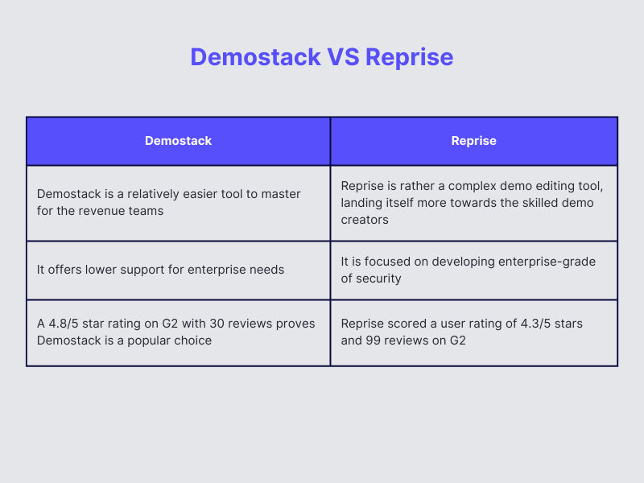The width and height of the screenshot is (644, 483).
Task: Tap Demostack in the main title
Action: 255,57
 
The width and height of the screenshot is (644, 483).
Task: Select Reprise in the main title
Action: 410,57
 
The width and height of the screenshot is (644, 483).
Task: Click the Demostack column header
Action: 178,141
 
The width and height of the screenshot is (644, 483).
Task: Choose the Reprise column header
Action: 473,141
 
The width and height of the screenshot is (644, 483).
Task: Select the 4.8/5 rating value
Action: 63,324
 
